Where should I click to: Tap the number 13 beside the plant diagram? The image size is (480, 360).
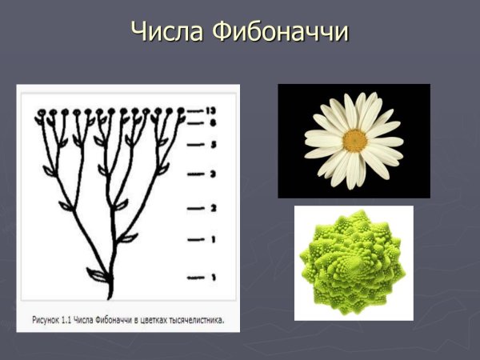[x=211, y=111]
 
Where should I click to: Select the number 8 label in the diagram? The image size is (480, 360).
[x=211, y=122]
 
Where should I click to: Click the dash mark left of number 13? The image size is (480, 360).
[x=194, y=112]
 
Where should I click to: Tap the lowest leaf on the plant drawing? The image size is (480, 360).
[x=98, y=276]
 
